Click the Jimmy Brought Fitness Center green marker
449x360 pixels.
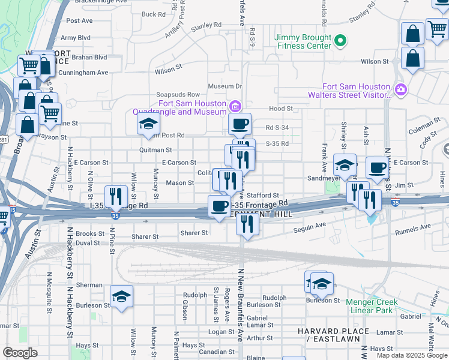341,41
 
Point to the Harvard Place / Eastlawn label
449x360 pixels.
333,335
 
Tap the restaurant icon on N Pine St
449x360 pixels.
114,196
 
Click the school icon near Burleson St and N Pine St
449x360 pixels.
121,296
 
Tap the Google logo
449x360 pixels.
20,353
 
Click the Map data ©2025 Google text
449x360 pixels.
412,355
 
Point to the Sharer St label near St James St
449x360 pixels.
194,233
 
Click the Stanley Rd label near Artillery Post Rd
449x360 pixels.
206,26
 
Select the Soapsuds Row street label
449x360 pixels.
177,95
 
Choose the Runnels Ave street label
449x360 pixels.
413,228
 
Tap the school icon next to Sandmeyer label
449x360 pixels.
345,165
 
